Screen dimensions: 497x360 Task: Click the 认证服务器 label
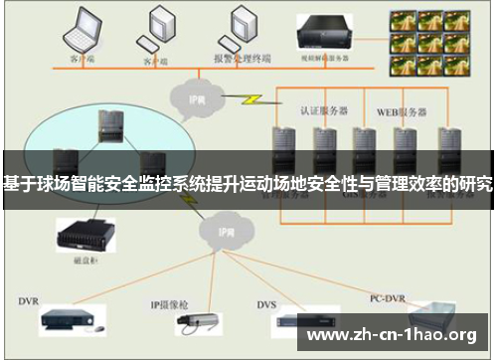click(x=321, y=107)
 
